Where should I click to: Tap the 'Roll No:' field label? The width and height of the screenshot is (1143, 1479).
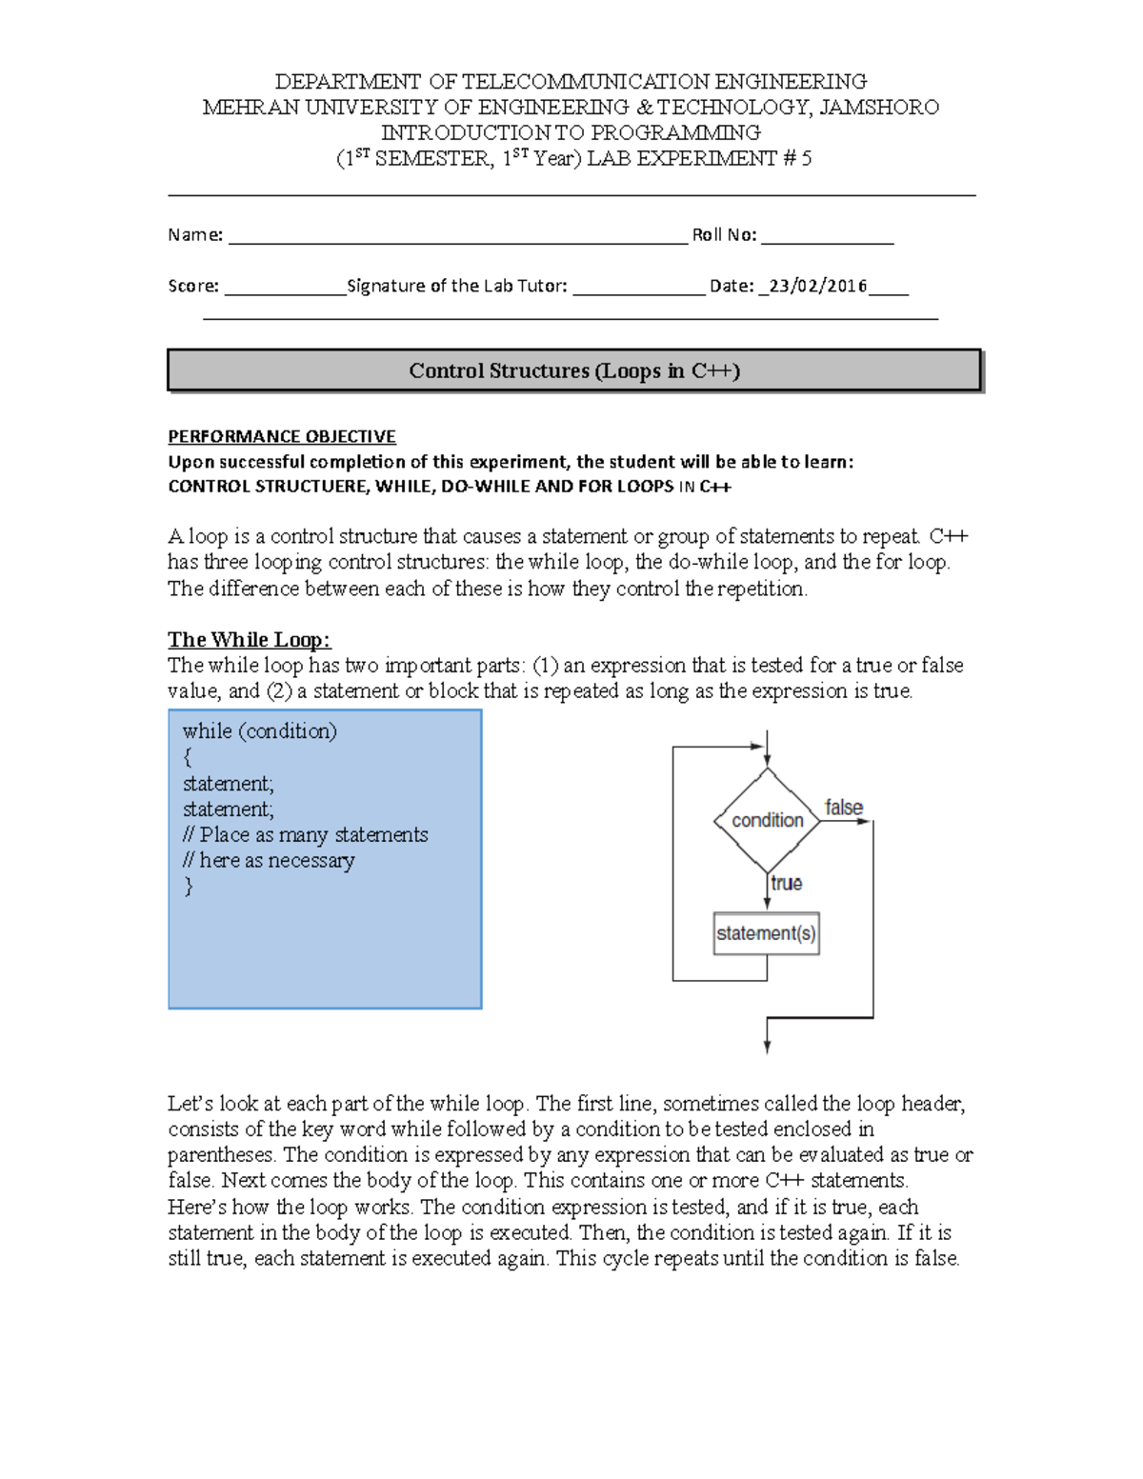pos(724,235)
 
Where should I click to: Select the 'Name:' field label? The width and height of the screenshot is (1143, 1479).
pos(195,235)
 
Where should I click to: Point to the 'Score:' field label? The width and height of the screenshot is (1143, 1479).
pos(193,286)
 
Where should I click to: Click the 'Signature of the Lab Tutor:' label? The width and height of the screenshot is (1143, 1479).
pos(457,286)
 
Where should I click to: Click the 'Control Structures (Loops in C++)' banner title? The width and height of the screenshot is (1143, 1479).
pos(573,371)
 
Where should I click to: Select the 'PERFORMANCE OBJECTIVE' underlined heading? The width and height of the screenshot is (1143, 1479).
pos(281,437)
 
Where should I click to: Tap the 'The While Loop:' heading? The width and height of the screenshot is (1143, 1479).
pos(249,640)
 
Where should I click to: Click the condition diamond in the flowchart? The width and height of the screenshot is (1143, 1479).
pos(767,820)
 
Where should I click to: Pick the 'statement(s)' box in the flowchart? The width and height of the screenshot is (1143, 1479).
pos(766,933)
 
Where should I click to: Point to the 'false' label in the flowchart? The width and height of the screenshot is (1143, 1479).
pos(843,808)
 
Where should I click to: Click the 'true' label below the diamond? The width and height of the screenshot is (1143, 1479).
pos(787,883)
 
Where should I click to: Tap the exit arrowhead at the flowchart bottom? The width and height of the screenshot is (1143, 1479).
pos(767,1047)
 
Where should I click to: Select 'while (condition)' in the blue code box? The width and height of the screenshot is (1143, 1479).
pos(259,731)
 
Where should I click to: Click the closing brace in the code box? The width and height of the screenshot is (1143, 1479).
pos(188,886)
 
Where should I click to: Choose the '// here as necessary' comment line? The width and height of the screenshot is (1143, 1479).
pos(269,861)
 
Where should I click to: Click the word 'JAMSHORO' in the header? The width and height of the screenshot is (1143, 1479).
pos(878,108)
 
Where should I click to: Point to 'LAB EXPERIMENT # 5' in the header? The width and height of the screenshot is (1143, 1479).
pos(698,159)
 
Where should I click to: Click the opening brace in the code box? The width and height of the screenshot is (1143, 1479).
pos(188,757)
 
